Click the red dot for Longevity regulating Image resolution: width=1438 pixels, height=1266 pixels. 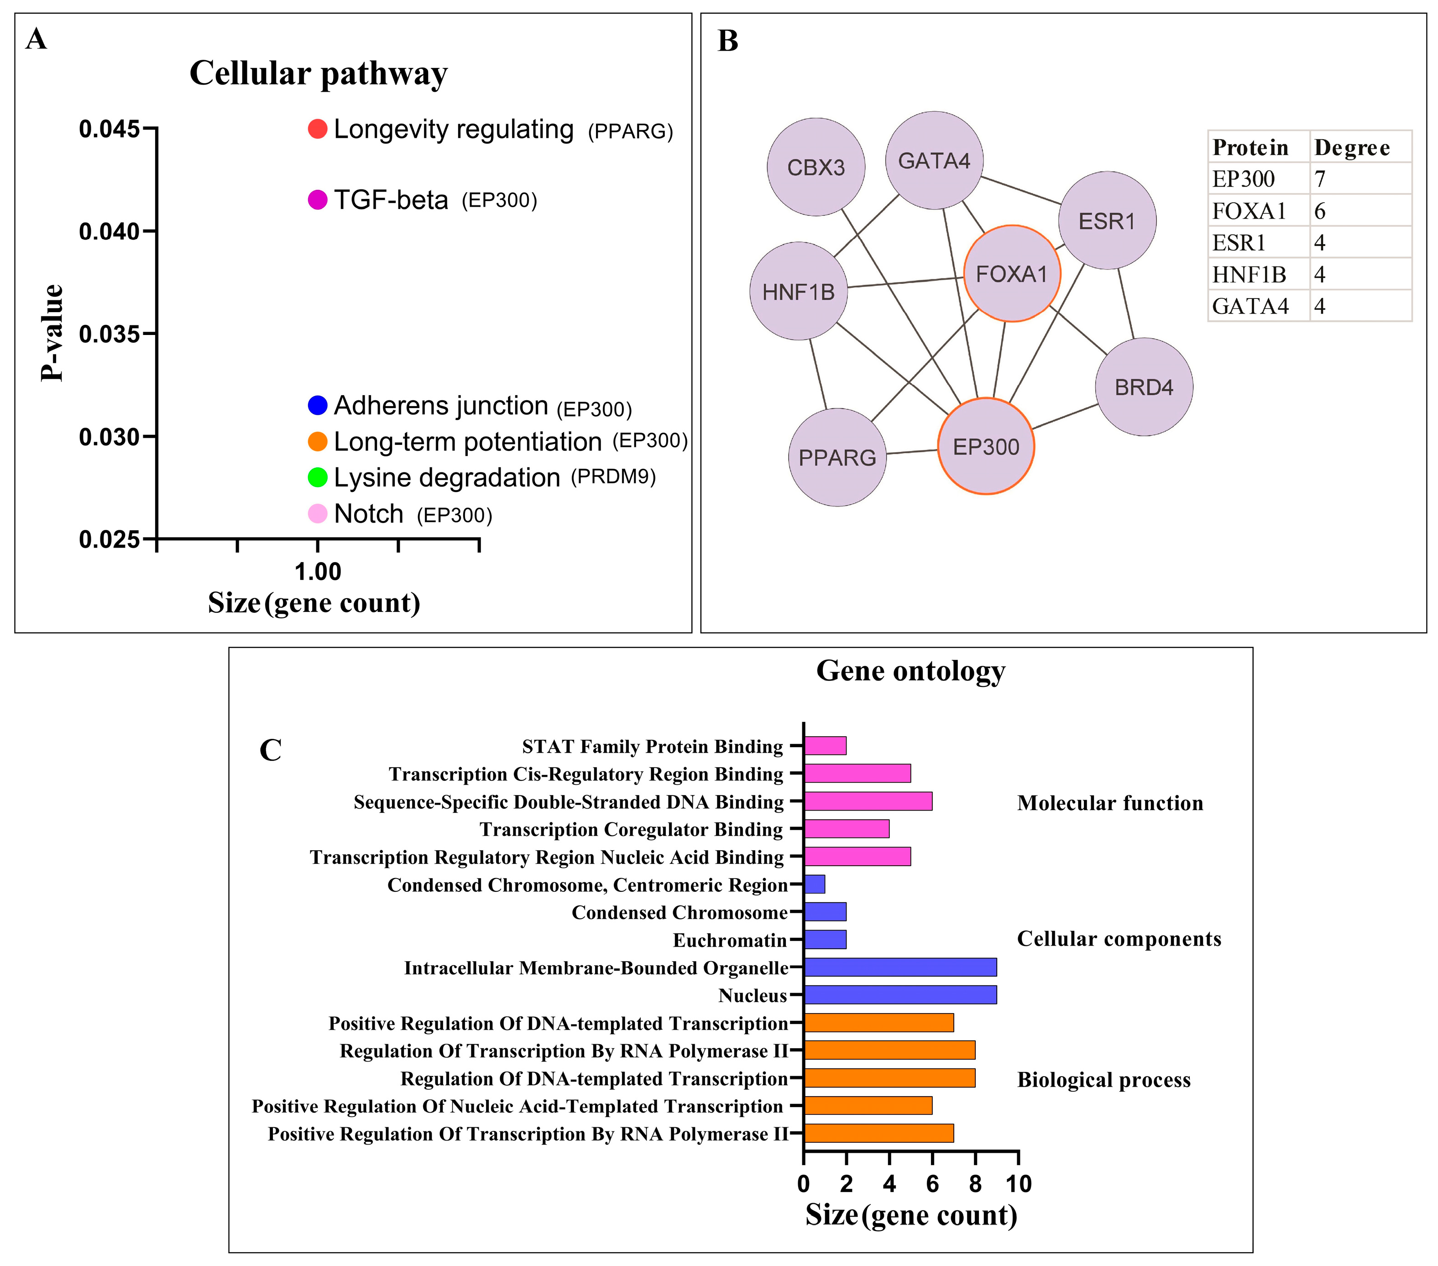(317, 130)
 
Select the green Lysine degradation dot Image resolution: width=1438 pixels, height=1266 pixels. (317, 477)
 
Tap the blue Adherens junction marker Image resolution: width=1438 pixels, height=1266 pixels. (317, 405)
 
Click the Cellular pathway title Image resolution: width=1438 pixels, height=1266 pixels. (318, 73)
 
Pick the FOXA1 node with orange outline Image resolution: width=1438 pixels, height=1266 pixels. (1012, 274)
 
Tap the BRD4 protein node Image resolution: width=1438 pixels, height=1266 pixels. (1144, 387)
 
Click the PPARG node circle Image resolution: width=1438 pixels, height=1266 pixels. (837, 457)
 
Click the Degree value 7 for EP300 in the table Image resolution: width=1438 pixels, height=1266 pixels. (1320, 179)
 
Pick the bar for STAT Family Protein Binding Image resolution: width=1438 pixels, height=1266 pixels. (825, 746)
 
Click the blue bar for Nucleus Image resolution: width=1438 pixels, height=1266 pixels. (900, 995)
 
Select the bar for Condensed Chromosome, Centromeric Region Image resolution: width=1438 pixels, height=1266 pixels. (815, 884)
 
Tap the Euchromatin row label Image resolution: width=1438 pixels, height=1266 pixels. (730, 940)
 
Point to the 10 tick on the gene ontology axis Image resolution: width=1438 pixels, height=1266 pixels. (1019, 1184)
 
